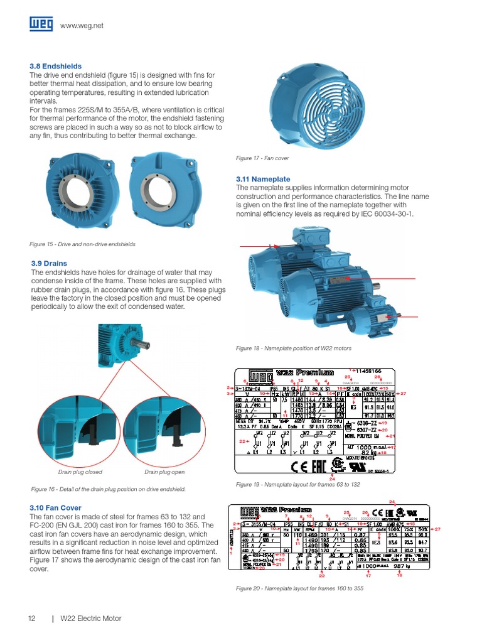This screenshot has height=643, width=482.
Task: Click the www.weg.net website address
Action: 82,26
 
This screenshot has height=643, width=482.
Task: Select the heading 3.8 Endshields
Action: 56,66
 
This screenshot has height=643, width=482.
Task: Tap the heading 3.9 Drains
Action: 49,264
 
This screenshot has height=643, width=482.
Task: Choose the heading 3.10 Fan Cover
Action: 56,507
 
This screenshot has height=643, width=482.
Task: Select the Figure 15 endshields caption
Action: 82,244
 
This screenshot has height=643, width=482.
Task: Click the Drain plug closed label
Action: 80,472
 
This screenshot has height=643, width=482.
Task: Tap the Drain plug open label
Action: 164,472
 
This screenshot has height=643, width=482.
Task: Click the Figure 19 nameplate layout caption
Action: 297,485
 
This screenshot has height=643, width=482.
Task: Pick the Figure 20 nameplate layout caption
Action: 299,588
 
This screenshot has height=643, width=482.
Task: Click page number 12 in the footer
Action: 31,619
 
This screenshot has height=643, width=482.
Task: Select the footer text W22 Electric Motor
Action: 90,619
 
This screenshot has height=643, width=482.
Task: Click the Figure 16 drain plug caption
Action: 108,489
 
